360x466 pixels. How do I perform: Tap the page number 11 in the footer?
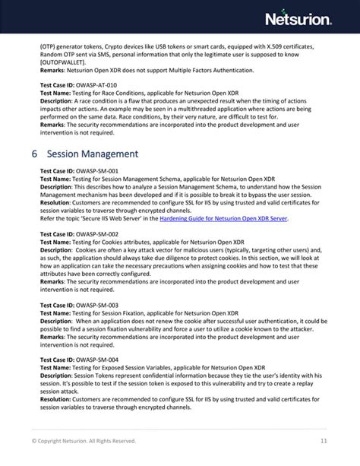pyautogui.click(x=324, y=440)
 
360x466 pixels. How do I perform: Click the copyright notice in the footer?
pyautogui.click(x=84, y=440)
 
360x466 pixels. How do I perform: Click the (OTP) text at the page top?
pyautogui.click(x=48, y=46)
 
